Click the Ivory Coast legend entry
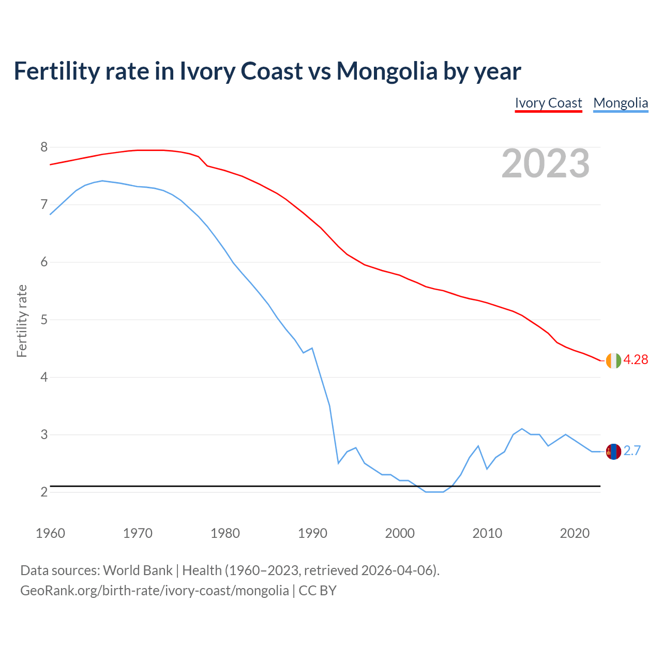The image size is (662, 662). pos(548,103)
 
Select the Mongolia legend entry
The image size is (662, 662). pos(621,103)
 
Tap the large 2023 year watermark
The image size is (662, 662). pos(546,163)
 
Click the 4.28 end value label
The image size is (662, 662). pos(636,360)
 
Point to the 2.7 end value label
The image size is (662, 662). pos(632,451)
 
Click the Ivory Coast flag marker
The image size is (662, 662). pos(613,360)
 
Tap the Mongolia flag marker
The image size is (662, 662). pos(613,452)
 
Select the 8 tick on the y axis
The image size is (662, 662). pos(44,147)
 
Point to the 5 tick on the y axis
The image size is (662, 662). pos(44,320)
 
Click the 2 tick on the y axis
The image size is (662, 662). pos(44,492)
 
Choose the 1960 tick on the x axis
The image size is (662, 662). pos(50,533)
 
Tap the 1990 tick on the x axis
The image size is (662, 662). pos(312,533)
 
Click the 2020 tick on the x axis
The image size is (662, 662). pos(575,533)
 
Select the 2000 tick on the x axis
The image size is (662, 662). pos(400,533)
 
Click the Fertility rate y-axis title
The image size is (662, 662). pos(22,321)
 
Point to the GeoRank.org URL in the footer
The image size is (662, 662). pos(154,591)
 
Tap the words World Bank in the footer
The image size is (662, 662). pos(138,570)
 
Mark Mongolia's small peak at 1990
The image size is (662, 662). pos(312,348)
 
